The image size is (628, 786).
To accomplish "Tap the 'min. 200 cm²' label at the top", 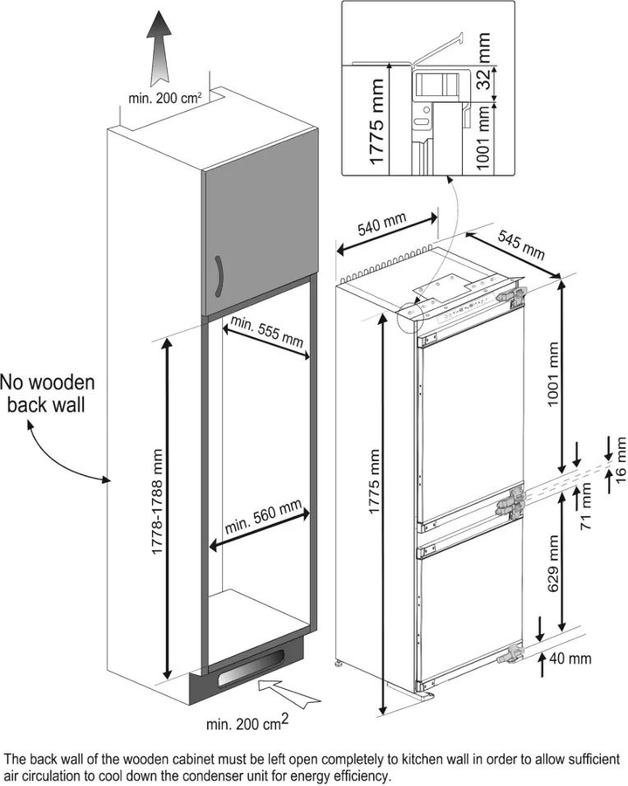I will (166, 99).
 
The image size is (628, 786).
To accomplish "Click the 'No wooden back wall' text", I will (47, 394).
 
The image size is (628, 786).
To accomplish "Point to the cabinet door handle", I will (217, 279).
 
